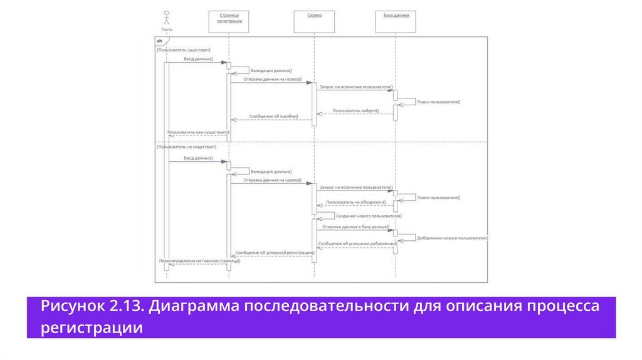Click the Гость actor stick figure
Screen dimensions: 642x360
click(166, 18)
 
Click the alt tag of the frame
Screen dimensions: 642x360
click(160, 41)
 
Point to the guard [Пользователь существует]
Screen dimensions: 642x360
click(184, 50)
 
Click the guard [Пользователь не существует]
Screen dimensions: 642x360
click(186, 147)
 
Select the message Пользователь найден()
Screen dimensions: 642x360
click(356, 110)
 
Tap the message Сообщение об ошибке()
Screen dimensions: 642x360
click(273, 117)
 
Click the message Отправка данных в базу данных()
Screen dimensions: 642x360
click(356, 226)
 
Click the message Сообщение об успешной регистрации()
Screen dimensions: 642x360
click(275, 252)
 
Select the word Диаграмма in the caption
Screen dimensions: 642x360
click(193, 307)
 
